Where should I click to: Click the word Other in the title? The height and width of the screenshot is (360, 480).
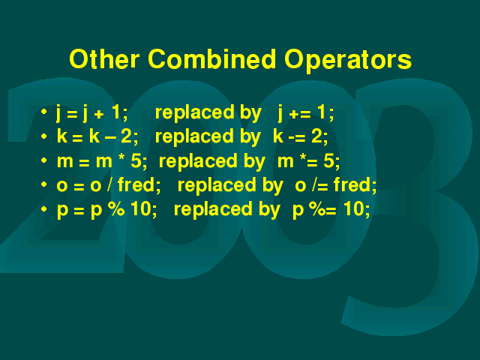pyautogui.click(x=104, y=58)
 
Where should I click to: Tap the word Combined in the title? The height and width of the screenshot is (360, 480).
pyautogui.click(x=211, y=58)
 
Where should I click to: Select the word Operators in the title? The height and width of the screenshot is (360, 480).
pyautogui.click(x=348, y=60)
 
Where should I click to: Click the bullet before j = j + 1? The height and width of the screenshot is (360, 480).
pyautogui.click(x=43, y=112)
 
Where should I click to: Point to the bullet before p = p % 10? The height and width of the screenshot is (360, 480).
pyautogui.click(x=43, y=208)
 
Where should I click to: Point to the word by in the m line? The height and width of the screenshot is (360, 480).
pyautogui.click(x=255, y=161)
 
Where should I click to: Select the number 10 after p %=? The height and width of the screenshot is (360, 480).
pyautogui.click(x=353, y=208)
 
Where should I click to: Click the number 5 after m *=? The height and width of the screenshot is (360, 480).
pyautogui.click(x=328, y=160)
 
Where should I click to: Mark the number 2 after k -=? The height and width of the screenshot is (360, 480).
pyautogui.click(x=316, y=136)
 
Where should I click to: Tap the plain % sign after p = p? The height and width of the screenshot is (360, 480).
pyautogui.click(x=116, y=208)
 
